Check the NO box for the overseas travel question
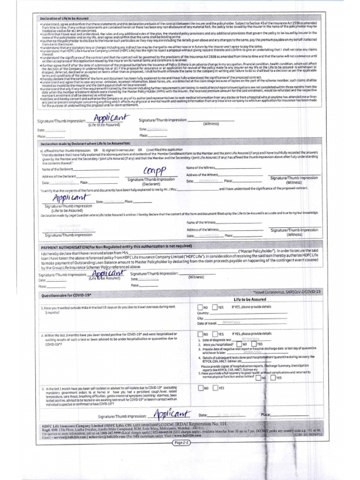pyautogui.click(x=201, y=307)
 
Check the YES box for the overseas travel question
pyautogui.click(x=215, y=307)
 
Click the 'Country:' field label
pyautogui.click(x=203, y=313)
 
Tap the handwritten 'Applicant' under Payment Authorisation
pyautogui.click(x=107, y=274)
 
